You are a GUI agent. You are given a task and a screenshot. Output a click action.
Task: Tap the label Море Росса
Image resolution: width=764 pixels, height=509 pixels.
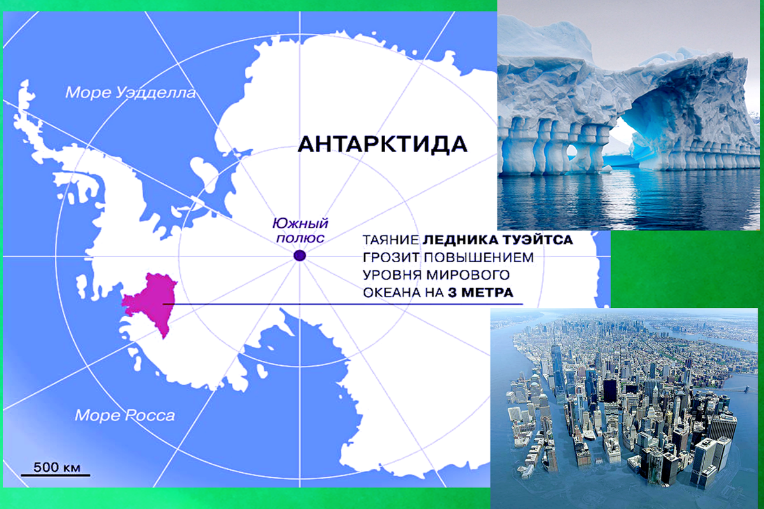pos(125,416)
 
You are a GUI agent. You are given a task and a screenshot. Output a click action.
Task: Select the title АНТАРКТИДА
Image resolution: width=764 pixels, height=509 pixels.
pos(383,144)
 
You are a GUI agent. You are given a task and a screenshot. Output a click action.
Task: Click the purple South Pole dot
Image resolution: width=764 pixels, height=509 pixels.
pos(300,256)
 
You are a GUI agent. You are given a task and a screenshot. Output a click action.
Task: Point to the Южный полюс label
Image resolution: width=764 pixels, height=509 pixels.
pos(299,230)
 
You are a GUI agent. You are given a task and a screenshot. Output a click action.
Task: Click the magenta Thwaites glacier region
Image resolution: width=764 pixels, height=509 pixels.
pos(150,302)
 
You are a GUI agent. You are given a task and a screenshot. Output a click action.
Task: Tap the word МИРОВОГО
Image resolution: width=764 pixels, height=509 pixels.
pos(470,276)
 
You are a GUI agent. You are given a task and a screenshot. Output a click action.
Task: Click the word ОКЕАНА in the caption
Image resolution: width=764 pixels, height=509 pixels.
pos(390,293)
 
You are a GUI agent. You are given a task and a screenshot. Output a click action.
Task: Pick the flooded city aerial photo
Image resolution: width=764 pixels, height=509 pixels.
pos(627,407)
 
